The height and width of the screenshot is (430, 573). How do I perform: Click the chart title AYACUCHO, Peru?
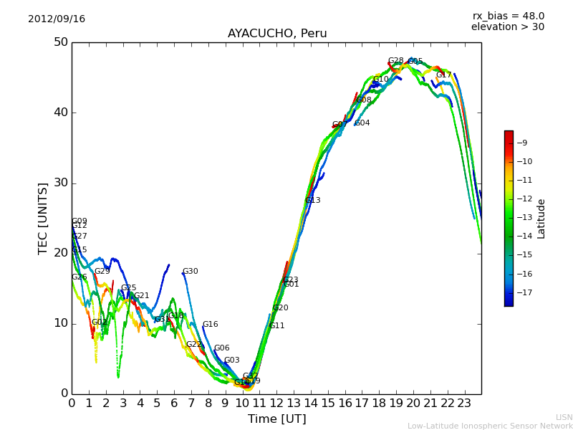(277, 34)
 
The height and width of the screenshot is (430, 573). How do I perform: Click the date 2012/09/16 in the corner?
(57, 19)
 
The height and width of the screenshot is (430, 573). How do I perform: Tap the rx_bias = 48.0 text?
(508, 16)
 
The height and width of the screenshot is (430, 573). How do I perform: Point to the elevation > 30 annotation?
(507, 27)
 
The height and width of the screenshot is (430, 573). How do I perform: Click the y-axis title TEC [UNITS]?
(43, 218)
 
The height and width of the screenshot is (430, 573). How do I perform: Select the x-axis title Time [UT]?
(276, 419)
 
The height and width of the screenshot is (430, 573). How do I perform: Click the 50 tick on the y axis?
(60, 42)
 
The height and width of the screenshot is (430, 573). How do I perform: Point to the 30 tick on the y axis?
(60, 183)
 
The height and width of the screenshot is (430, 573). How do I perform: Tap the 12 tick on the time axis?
(276, 403)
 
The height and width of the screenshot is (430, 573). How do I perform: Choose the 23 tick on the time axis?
(464, 403)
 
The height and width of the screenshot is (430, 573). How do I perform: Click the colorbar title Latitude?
(541, 218)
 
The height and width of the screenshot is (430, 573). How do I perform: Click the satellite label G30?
(190, 272)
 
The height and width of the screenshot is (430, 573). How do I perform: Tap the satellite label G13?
(312, 201)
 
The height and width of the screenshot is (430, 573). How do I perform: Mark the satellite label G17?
(444, 75)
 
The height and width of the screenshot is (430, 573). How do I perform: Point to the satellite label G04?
(362, 123)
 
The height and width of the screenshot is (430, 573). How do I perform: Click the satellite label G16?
(210, 325)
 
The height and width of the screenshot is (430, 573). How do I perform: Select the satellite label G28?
(395, 61)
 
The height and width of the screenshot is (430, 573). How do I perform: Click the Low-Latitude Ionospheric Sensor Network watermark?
(490, 426)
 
